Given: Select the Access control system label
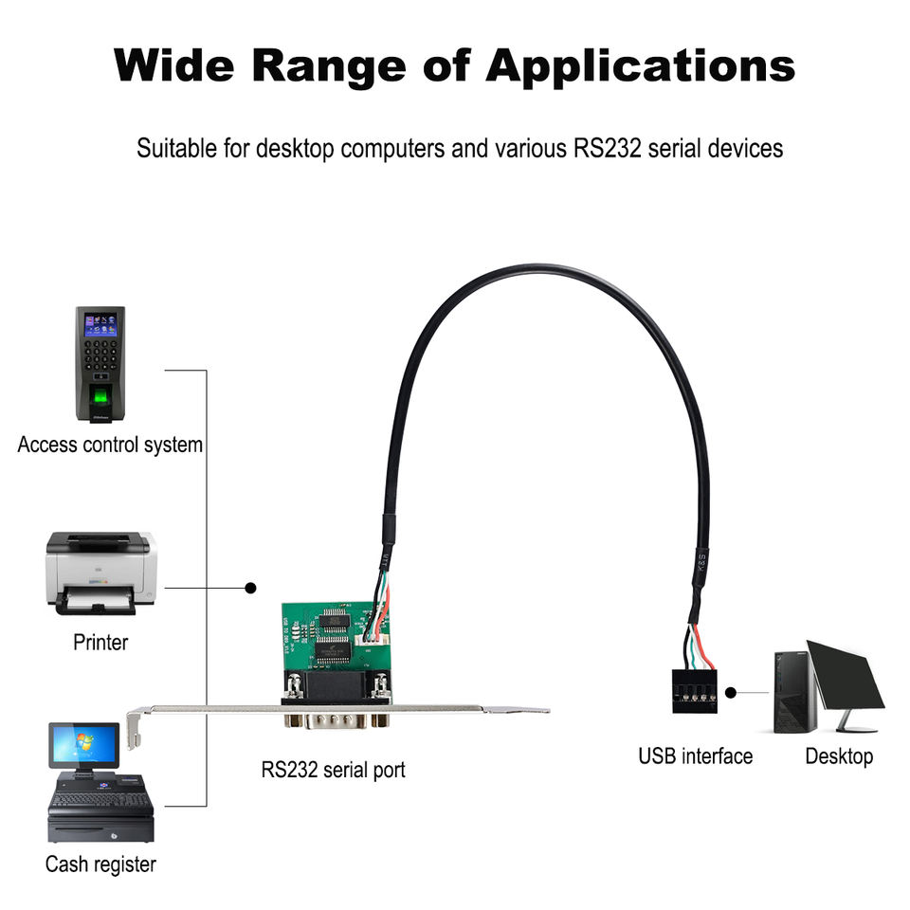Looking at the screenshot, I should point(110,444).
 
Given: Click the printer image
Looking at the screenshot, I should point(100,573).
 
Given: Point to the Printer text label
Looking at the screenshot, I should point(100,642).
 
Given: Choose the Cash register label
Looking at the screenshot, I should point(100,864).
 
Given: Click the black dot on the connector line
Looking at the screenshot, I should point(250,588).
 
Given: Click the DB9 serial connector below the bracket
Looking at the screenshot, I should point(336,719).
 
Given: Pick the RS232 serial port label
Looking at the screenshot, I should point(333,769).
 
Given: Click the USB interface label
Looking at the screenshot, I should point(695,755).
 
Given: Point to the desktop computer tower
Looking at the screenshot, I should point(794,692).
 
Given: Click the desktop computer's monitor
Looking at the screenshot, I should point(845,676).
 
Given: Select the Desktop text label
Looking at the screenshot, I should point(839,755).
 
